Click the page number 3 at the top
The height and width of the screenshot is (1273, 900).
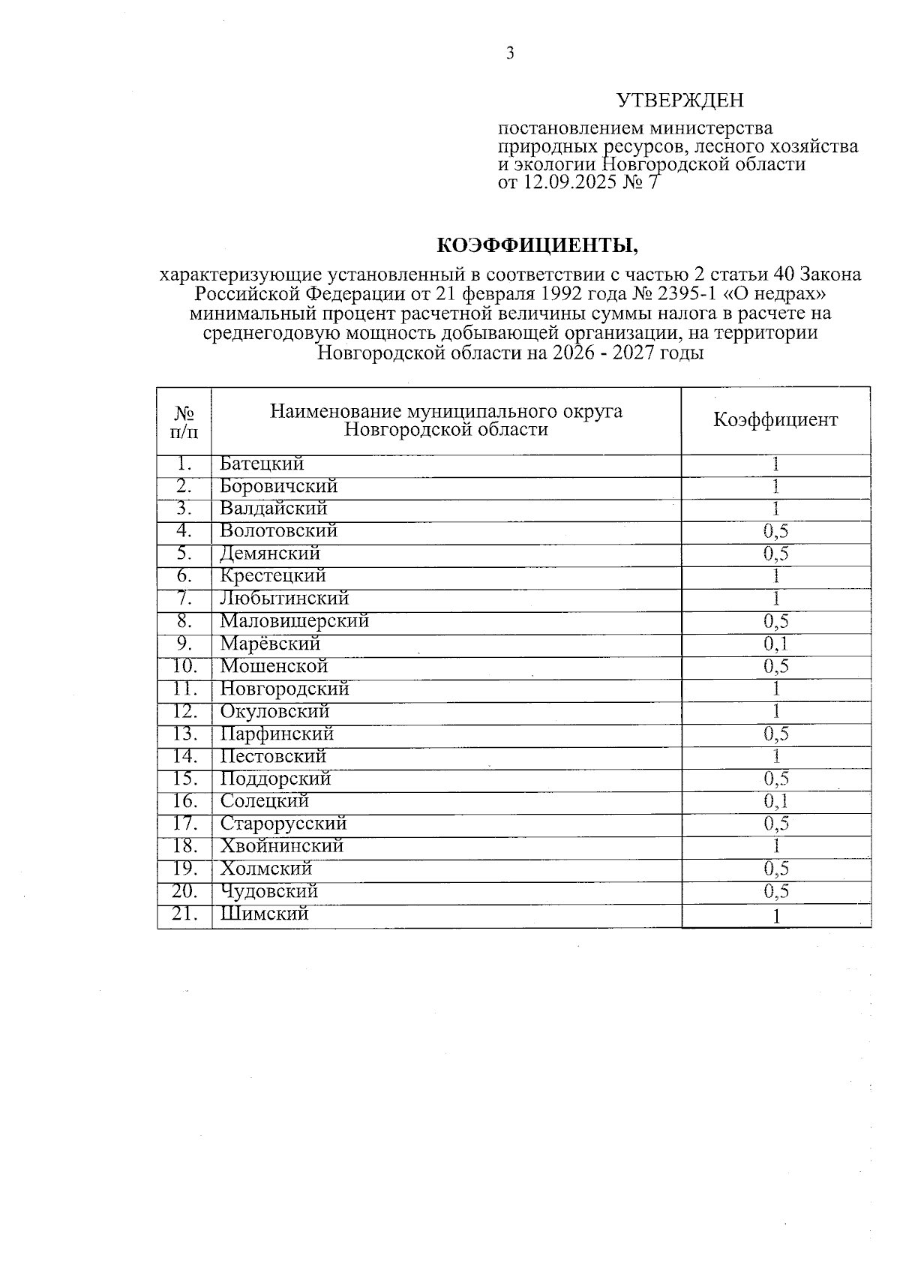coord(510,53)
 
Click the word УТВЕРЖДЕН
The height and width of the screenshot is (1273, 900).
coord(679,101)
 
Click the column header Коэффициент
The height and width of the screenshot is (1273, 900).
coord(775,420)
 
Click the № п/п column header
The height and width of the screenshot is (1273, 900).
coord(184,422)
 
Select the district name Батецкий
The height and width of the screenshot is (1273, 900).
coord(262,464)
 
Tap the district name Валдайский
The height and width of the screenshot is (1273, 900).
coord(274,509)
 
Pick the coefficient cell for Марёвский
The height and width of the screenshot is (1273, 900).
coord(776,644)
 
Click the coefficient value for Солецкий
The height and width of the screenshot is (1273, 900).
coord(776,801)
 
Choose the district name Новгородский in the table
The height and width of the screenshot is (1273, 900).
coord(284,689)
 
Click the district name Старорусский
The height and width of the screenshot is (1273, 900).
coord(283,824)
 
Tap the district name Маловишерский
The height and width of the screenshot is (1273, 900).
coord(294,621)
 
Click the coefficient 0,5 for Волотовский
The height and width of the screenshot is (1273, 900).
coord(776,532)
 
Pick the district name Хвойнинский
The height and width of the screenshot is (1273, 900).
coord(282,846)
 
